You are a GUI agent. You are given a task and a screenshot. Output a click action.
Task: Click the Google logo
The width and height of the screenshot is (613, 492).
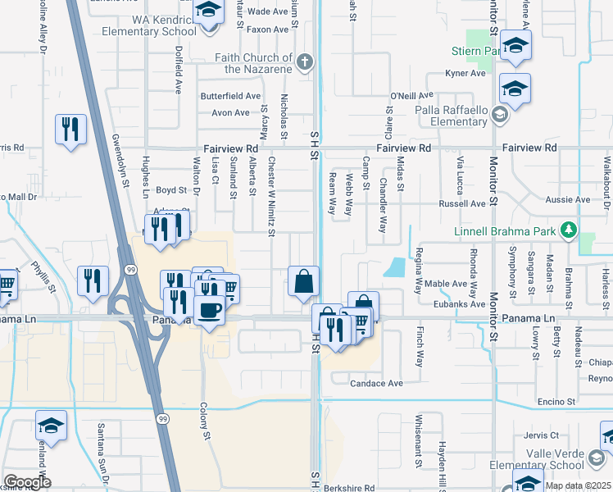tap(26, 482)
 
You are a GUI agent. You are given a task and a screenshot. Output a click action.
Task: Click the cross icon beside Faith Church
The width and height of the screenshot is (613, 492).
tap(304, 61)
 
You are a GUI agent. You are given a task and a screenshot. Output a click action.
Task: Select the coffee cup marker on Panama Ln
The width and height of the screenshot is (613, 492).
tap(211, 311)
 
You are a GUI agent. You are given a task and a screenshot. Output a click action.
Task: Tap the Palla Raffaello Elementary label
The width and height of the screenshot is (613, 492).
tap(451, 116)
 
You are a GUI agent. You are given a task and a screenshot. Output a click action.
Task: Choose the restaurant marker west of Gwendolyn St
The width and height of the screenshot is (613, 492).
tap(70, 129)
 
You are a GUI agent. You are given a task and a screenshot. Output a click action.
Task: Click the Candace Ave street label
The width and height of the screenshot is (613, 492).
tap(377, 383)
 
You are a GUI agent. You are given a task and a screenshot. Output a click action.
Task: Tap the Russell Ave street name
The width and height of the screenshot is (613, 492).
tap(462, 203)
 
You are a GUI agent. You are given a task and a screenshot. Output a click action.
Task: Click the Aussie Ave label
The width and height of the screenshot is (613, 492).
tap(570, 199)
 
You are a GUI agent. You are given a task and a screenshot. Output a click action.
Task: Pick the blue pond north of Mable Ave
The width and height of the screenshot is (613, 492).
tap(395, 267)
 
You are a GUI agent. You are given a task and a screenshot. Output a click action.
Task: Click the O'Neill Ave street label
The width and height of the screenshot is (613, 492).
tap(406, 96)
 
